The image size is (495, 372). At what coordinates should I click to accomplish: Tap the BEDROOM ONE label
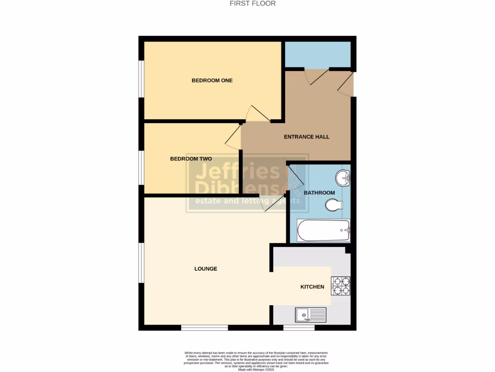coord(212,80)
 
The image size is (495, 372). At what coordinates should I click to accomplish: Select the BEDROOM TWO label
coord(191,159)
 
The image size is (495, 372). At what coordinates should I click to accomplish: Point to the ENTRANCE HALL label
coord(306,137)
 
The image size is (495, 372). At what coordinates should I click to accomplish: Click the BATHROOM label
coord(319,193)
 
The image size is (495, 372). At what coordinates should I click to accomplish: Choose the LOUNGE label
coord(206,269)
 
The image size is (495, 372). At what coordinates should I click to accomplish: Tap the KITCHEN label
coord(312,287)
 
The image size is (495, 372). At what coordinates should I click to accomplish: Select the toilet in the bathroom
coord(333,205)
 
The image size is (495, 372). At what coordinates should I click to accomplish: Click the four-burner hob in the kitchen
coord(340,286)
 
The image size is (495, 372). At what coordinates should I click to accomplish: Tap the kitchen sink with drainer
coord(311,315)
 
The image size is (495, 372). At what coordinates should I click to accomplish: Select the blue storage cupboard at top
coord(318,55)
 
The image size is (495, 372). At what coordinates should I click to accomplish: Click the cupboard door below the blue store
coord(316,77)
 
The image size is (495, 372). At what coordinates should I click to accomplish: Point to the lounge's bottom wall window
coord(204,328)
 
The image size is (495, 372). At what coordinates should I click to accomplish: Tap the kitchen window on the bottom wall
coord(298,328)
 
